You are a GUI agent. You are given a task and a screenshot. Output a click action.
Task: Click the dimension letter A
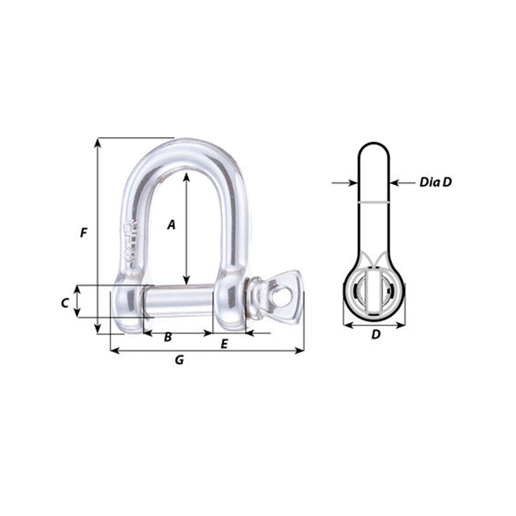point(172,224)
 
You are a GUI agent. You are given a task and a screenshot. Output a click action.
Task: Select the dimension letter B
point(168,338)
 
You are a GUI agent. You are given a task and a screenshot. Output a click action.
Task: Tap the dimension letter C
point(64,303)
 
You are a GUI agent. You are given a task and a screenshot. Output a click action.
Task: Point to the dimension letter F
point(84,233)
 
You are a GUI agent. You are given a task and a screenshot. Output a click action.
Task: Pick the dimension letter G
point(179,360)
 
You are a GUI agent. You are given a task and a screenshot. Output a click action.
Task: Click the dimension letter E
point(224,344)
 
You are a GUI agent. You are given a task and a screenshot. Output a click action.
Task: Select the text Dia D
point(436,182)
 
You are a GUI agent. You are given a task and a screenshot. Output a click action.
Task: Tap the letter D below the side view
point(376,334)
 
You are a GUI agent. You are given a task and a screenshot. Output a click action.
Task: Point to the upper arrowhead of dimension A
point(186,176)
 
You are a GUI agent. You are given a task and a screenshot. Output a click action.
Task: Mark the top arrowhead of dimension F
point(98,142)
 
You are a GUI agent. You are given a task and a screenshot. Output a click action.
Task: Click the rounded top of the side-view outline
point(374,146)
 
